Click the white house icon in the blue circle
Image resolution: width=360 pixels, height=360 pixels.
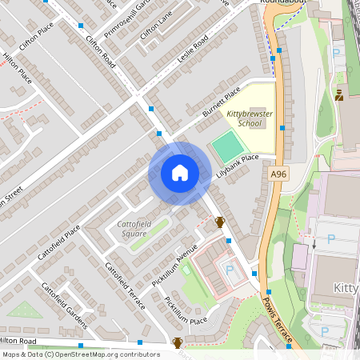(x=180, y=173)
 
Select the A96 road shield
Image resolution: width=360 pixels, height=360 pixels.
(x=278, y=174)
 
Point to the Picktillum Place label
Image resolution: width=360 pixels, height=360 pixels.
(x=186, y=310)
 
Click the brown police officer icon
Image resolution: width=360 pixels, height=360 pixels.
(x=339, y=95)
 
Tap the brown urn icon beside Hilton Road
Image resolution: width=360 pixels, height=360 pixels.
(x=178, y=343)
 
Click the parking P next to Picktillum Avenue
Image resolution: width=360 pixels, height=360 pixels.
(x=230, y=270)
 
